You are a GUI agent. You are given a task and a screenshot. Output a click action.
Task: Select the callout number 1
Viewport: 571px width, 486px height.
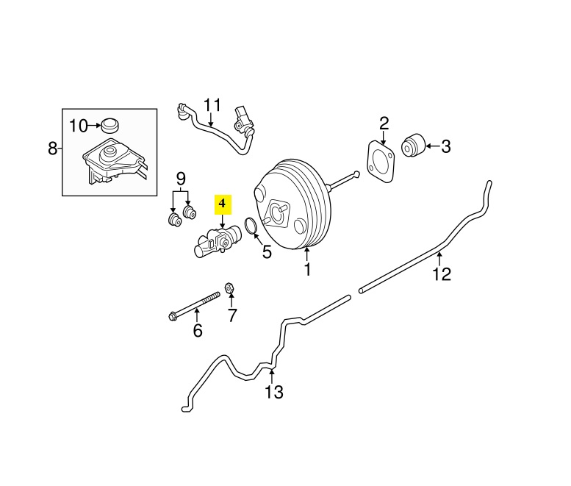(x=307, y=270)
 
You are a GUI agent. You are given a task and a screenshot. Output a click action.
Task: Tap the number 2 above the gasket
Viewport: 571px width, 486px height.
(x=384, y=124)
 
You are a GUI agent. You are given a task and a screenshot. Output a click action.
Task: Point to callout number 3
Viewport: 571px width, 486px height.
(x=445, y=147)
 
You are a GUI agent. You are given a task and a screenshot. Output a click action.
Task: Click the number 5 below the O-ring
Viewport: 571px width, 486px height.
(x=266, y=251)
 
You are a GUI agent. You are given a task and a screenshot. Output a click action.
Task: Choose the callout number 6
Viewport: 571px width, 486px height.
(x=197, y=331)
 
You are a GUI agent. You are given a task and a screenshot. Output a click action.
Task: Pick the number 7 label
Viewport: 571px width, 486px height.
(x=232, y=316)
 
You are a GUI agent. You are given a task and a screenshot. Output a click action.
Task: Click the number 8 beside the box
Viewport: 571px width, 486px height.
(x=52, y=149)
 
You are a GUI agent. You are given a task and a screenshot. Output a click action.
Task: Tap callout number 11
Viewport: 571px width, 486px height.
(x=212, y=104)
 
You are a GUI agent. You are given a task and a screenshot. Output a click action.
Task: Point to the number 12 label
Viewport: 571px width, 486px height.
(x=441, y=275)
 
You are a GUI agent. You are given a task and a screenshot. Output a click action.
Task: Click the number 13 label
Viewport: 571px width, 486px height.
(x=273, y=392)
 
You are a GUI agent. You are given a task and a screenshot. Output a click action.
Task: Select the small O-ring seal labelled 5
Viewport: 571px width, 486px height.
(x=250, y=226)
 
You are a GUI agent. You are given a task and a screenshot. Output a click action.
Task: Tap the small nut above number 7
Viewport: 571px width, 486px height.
(x=228, y=288)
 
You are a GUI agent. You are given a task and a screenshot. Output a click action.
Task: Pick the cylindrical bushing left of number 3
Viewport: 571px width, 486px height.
(x=414, y=145)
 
